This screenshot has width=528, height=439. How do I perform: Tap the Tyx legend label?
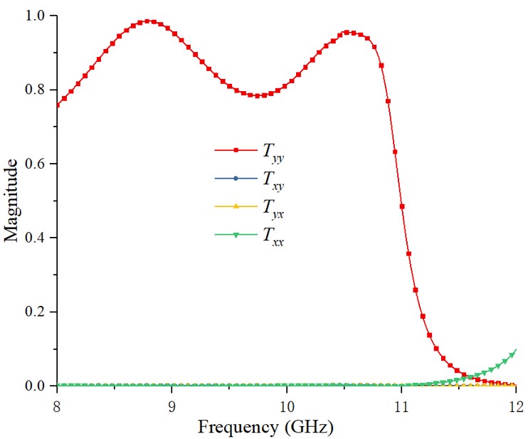tap(273, 211)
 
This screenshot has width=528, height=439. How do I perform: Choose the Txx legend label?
tap(273, 241)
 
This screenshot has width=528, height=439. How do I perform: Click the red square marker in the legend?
tap(236, 150)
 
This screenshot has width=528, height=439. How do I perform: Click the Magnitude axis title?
tap(11, 201)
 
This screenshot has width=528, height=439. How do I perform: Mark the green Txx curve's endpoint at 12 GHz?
tap(515, 351)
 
